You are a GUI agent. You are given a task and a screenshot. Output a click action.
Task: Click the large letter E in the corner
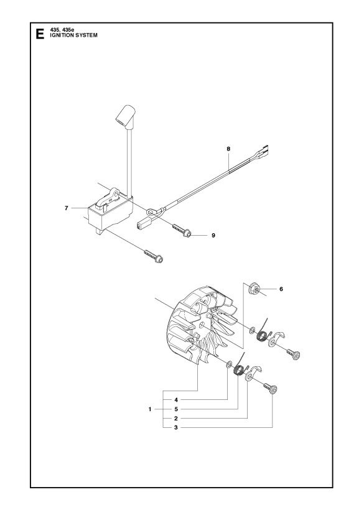(x=40, y=34)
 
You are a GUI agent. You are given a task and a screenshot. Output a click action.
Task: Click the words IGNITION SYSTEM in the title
(x=73, y=35)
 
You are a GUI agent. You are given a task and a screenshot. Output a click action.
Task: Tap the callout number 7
(x=67, y=208)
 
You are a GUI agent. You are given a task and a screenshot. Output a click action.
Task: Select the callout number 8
(x=228, y=149)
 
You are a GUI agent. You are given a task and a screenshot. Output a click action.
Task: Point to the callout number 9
(x=213, y=235)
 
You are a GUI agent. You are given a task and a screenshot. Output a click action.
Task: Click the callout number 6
(x=281, y=289)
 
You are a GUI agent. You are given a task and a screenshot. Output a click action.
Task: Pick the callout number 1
(x=150, y=409)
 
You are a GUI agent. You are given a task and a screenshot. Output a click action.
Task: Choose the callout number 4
(x=176, y=400)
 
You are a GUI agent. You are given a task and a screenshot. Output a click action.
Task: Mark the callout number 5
(x=176, y=409)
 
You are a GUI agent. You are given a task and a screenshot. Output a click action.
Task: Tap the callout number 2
(x=176, y=419)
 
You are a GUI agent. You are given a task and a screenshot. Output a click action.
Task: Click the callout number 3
(x=176, y=428)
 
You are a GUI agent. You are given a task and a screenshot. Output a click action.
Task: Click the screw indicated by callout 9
(x=182, y=230)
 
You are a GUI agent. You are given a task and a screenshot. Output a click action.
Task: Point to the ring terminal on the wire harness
(x=151, y=212)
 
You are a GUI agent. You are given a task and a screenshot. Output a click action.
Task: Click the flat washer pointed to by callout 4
(x=229, y=363)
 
